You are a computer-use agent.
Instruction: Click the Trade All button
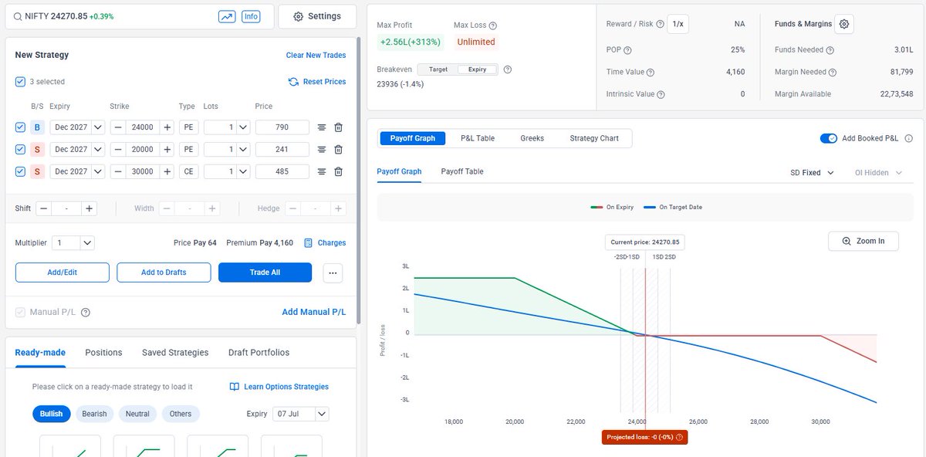pyautogui.click(x=265, y=273)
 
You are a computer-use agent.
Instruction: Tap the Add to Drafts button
pyautogui.click(x=164, y=273)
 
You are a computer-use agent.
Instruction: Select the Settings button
pyautogui.click(x=317, y=16)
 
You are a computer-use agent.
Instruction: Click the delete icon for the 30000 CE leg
pyautogui.click(x=338, y=171)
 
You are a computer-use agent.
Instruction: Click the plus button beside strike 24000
pyautogui.click(x=167, y=127)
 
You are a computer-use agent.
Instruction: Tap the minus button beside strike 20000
pyautogui.click(x=118, y=149)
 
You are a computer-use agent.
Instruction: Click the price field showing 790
pyautogui.click(x=282, y=127)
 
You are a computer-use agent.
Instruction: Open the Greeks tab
pyautogui.click(x=532, y=138)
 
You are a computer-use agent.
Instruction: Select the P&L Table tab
pyautogui.click(x=478, y=138)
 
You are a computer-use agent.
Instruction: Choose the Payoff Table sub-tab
pyautogui.click(x=462, y=171)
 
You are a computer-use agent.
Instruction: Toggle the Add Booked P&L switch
pyautogui.click(x=829, y=138)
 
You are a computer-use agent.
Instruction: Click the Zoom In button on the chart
pyautogui.click(x=863, y=241)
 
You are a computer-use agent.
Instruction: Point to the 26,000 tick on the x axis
pyautogui.click(x=698, y=421)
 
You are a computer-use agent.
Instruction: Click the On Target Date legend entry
pyautogui.click(x=673, y=207)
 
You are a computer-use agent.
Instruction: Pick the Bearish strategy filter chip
pyautogui.click(x=94, y=414)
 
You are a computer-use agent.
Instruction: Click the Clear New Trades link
pyautogui.click(x=316, y=55)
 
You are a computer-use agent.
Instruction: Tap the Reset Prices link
pyautogui.click(x=317, y=82)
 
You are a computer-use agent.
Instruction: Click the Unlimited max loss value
pyautogui.click(x=476, y=42)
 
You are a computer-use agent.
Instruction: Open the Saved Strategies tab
pyautogui.click(x=175, y=352)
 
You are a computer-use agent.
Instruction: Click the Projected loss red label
pyautogui.click(x=644, y=437)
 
